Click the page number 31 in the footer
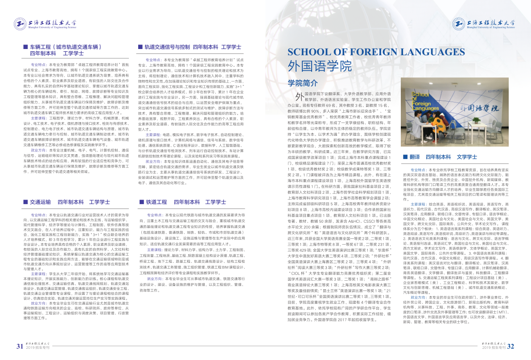click(x=20, y=347)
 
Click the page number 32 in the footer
click(x=511, y=347)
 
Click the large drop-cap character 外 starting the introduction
click(x=294, y=97)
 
